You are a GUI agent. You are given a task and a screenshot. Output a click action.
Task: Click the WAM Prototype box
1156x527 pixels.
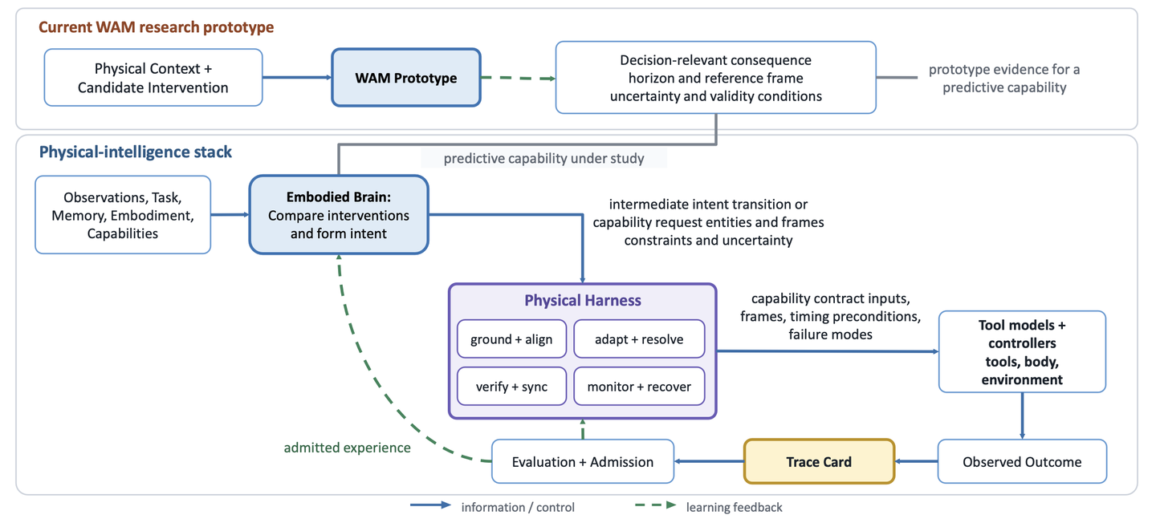click(x=406, y=78)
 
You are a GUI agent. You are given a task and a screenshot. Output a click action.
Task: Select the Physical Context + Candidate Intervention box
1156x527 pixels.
click(x=153, y=78)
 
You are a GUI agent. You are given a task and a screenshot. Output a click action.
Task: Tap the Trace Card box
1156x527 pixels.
click(x=819, y=461)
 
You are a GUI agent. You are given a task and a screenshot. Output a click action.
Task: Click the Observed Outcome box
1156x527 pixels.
click(x=1022, y=461)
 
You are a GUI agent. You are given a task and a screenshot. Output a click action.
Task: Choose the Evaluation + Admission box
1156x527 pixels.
click(x=583, y=461)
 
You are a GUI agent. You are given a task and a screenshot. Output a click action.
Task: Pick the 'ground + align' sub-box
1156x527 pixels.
click(x=511, y=339)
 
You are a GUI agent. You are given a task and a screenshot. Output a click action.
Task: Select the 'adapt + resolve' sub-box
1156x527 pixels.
click(x=639, y=339)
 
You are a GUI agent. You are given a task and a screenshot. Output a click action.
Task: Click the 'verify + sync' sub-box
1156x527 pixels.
click(x=511, y=387)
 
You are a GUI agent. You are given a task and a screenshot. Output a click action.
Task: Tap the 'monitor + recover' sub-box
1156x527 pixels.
click(x=639, y=387)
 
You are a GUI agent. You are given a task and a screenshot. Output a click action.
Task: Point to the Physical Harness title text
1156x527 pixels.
click(x=583, y=300)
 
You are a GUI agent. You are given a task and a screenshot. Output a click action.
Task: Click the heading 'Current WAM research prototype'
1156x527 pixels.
click(x=157, y=26)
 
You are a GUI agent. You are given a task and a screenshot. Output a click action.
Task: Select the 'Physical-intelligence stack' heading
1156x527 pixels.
click(x=136, y=152)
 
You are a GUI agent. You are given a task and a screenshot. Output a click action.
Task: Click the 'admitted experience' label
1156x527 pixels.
click(x=348, y=448)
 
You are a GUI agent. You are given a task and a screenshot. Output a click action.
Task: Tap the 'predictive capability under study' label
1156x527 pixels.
click(x=544, y=158)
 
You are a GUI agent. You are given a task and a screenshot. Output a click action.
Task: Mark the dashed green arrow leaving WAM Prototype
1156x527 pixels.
click(x=518, y=79)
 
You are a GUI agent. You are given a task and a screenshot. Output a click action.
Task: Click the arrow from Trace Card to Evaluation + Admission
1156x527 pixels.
click(x=709, y=461)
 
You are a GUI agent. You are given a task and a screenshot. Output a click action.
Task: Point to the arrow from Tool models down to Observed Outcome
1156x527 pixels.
click(x=1023, y=416)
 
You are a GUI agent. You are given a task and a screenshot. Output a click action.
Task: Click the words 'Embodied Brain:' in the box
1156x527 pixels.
click(x=339, y=197)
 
